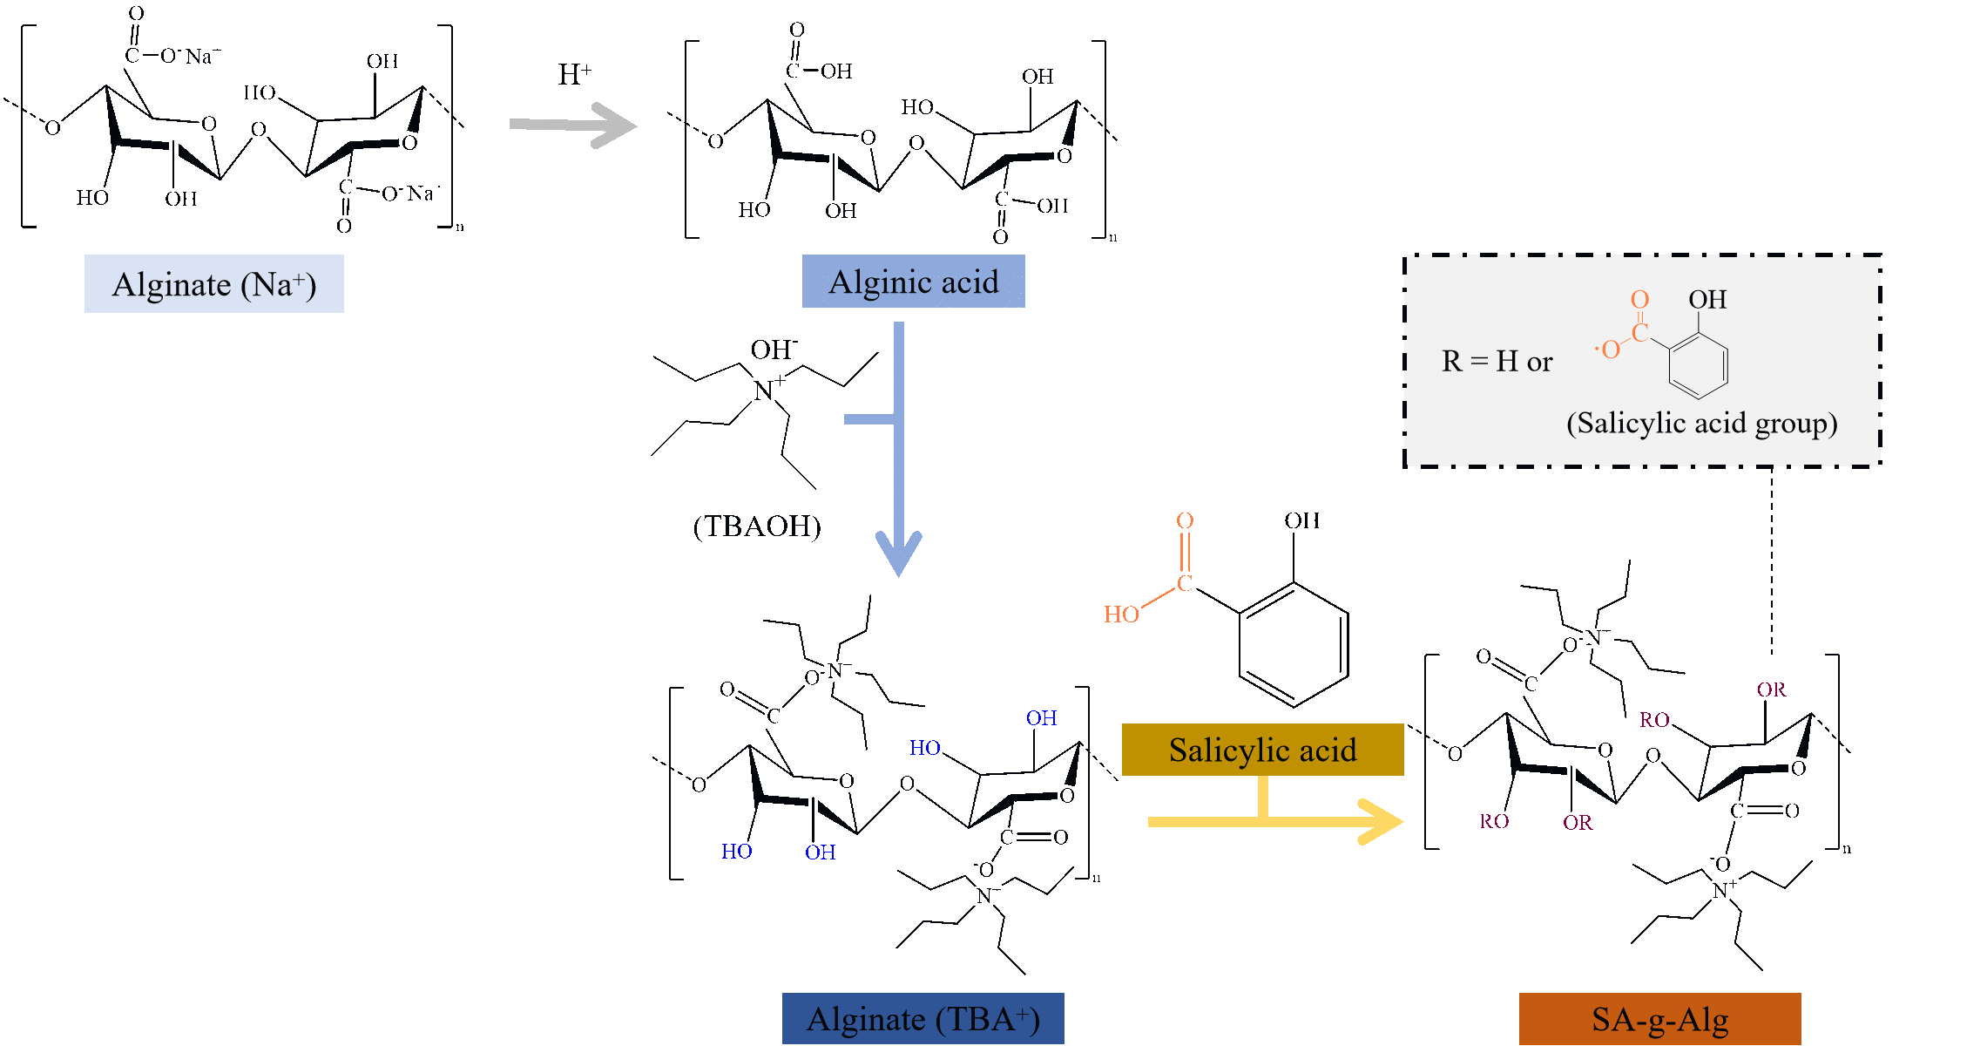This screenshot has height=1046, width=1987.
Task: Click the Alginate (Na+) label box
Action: (213, 284)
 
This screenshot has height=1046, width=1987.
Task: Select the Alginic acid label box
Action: (913, 282)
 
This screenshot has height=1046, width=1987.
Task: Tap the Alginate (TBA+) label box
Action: (923, 1018)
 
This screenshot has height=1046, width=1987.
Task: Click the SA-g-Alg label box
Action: (1659, 1019)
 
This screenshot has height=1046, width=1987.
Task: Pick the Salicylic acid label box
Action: (1262, 750)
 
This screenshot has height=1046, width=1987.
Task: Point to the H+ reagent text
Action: (574, 75)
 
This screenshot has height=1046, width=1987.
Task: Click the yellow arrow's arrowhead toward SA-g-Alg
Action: (1381, 822)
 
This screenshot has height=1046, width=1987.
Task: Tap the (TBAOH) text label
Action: (757, 526)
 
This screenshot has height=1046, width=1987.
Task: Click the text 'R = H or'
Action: (1497, 361)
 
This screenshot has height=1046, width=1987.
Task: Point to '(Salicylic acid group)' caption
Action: (1701, 423)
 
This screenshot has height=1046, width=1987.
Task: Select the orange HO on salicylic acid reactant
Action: (1121, 615)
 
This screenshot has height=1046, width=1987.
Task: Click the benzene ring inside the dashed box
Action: (1698, 366)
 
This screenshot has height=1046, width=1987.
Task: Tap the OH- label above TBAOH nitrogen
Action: (774, 350)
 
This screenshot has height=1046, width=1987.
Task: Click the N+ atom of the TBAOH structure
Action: (764, 391)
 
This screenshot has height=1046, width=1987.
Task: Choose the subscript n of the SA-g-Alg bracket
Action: (1847, 849)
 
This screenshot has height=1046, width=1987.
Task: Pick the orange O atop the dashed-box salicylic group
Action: (1639, 300)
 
